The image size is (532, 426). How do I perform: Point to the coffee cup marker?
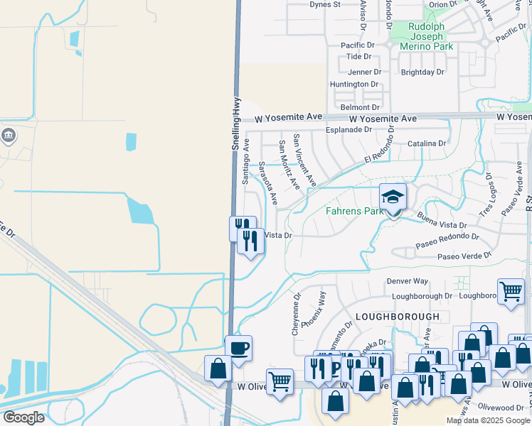click(x=239, y=349)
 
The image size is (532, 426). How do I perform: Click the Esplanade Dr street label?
click(x=349, y=130)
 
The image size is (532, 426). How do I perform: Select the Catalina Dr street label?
click(x=427, y=143)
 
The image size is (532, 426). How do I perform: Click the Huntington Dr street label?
click(x=354, y=84)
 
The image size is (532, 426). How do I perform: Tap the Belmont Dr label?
click(x=355, y=107)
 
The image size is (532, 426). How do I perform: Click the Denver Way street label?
click(x=408, y=281)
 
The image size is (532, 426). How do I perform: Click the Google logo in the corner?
click(x=23, y=417)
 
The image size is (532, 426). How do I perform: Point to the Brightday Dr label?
click(x=422, y=72)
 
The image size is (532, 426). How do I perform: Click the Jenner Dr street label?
click(x=364, y=72)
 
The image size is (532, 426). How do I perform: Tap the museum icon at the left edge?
click(x=8, y=136)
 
